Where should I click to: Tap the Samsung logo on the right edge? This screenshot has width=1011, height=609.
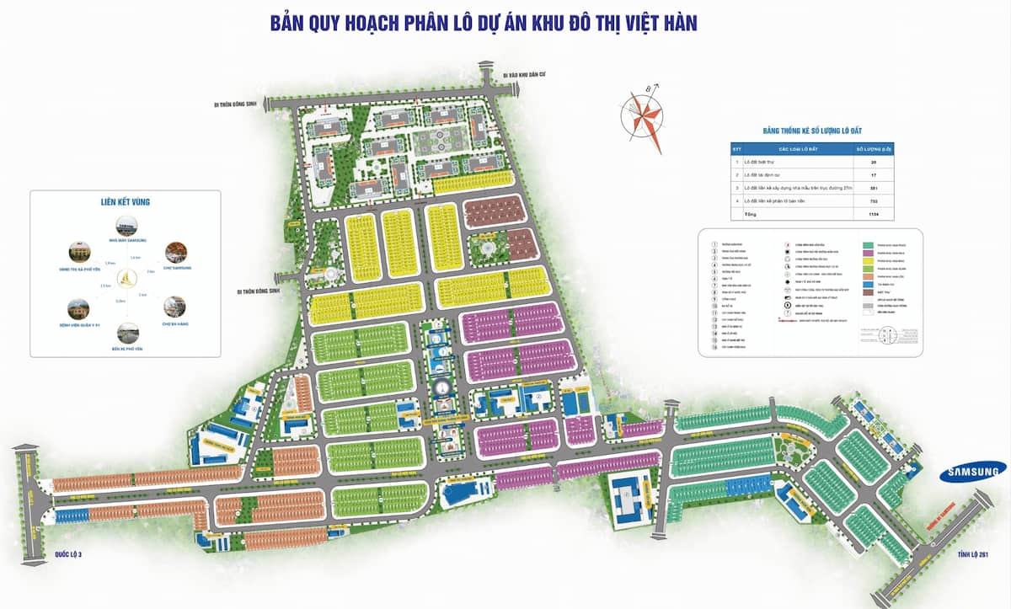973,473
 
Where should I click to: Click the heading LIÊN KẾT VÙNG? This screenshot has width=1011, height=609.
125,202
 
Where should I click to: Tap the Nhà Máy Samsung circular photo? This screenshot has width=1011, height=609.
125,226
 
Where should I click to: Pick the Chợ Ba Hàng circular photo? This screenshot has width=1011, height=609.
174,306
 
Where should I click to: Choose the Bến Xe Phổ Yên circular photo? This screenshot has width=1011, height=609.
127,333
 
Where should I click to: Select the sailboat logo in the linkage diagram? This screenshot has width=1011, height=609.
126,277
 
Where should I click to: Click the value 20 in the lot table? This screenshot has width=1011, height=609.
873,161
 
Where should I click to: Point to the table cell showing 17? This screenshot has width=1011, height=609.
873,174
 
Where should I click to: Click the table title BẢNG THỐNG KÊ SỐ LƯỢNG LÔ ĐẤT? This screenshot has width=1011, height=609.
811,131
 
